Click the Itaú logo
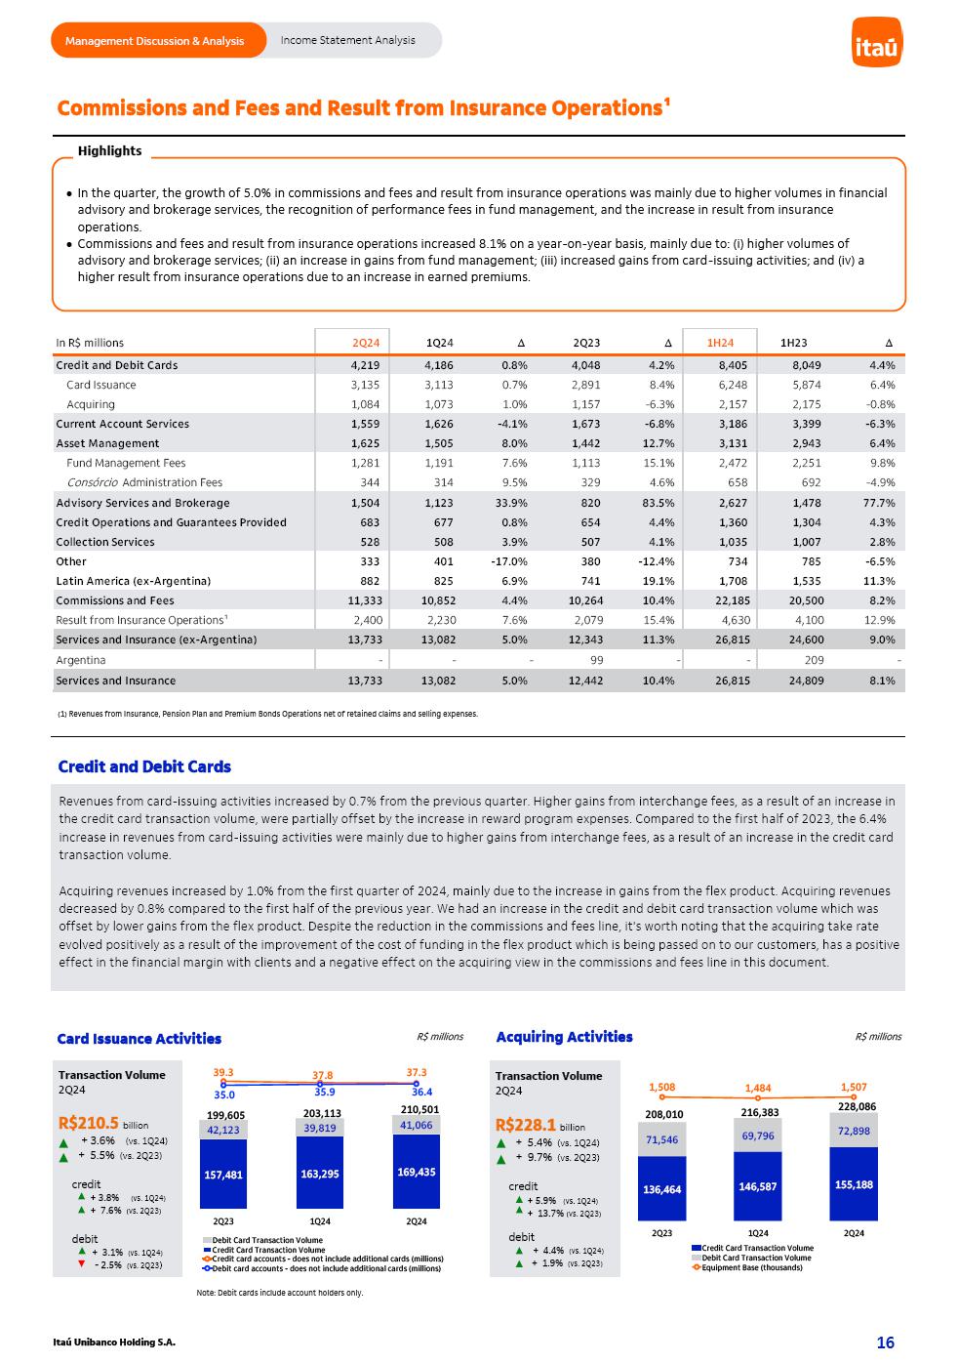coord(876,44)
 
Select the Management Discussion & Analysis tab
coord(155,41)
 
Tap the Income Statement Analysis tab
coord(347,40)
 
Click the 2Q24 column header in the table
coord(366,343)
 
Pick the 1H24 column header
coord(720,343)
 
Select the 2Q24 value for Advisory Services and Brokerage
coord(366,503)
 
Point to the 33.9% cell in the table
coord(509,503)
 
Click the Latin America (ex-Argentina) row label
coord(133,581)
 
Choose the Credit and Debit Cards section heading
coord(144,766)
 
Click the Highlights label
coord(109,151)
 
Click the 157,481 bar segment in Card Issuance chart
coord(223,1175)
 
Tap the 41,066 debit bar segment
coord(417,1126)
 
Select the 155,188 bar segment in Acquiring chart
coord(854,1184)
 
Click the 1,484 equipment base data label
coord(757,1089)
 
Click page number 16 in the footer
coord(885,1343)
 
